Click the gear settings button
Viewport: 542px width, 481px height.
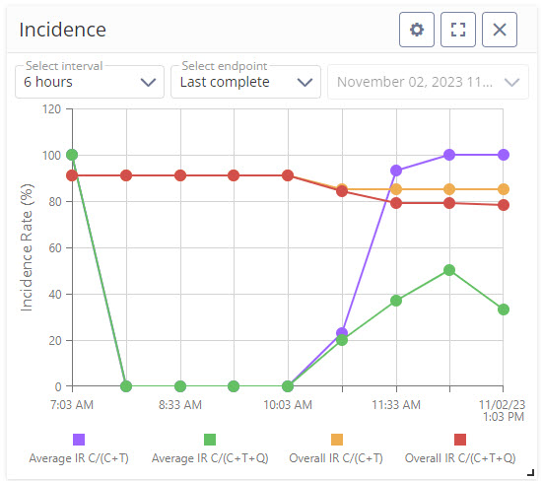[x=417, y=30]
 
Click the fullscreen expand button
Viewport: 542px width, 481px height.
[x=457, y=30]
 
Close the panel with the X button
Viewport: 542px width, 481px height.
[x=500, y=30]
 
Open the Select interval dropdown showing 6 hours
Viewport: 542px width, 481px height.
[x=90, y=82]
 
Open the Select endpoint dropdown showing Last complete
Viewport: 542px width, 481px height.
[x=245, y=82]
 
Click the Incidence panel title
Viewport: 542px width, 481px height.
[x=63, y=30]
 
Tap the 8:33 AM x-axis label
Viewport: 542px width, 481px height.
[x=180, y=404]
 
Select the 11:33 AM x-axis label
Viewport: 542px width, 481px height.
[x=396, y=404]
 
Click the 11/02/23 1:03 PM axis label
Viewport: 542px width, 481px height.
[x=504, y=411]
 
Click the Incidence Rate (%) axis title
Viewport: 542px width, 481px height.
[x=27, y=247]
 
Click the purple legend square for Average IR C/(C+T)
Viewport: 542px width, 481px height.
[x=79, y=440]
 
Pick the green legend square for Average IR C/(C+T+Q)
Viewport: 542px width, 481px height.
[x=210, y=440]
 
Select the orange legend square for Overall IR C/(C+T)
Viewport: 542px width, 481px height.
[x=336, y=440]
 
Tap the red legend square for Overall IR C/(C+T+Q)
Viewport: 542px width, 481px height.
[x=460, y=440]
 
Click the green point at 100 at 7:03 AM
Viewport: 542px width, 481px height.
[x=72, y=155]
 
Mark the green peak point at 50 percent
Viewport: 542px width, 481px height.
[x=449, y=270]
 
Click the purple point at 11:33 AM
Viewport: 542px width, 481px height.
[x=396, y=171]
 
